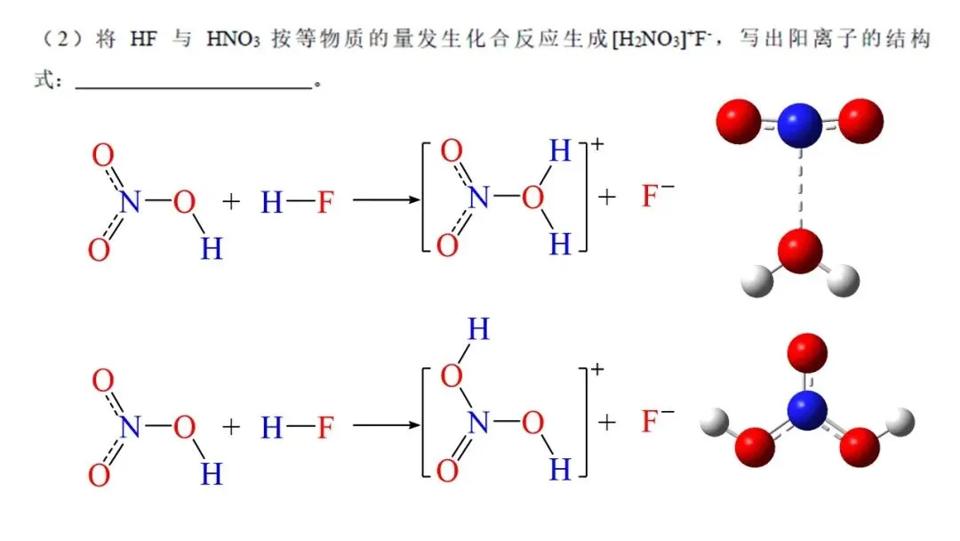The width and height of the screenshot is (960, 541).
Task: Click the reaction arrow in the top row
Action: pos(386,200)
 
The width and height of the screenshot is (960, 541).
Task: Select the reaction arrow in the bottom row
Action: pos(386,426)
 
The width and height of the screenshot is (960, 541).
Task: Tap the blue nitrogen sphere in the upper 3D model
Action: pos(799,125)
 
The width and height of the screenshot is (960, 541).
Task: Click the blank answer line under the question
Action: pos(195,87)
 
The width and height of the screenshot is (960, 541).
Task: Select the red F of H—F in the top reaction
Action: pos(325,203)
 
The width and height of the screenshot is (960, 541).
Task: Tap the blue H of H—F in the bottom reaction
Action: pos(272,428)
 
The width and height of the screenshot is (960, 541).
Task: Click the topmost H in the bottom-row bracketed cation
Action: pos(478,331)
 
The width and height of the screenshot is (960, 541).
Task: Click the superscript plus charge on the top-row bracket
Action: pos(596,144)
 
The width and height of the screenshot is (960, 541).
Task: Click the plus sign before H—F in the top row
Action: pos(231,202)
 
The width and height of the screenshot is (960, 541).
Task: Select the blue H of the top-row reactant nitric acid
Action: pos(211,248)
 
